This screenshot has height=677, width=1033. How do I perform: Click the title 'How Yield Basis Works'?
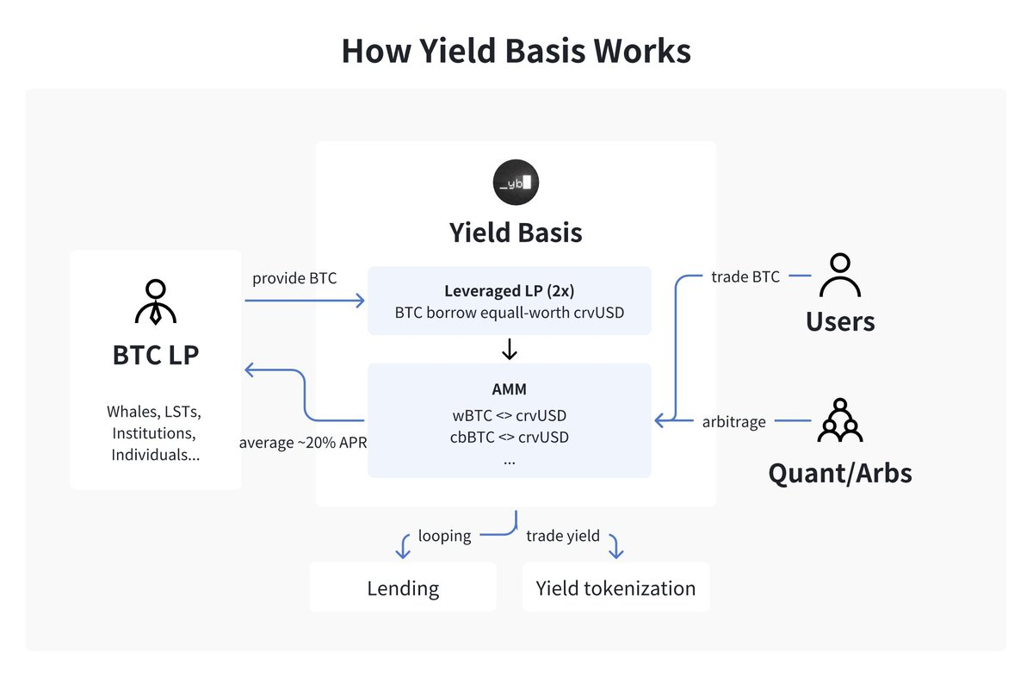click(516, 51)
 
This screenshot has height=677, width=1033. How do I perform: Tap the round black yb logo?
click(516, 182)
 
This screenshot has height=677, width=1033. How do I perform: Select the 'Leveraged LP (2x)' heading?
click(509, 290)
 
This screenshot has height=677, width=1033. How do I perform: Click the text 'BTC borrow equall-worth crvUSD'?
click(509, 313)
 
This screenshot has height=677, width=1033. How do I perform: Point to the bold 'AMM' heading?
click(509, 388)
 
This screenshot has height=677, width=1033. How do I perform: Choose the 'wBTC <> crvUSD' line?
click(509, 415)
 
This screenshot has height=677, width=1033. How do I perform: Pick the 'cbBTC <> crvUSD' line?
click(509, 437)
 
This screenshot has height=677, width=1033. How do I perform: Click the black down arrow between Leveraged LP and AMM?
click(509, 349)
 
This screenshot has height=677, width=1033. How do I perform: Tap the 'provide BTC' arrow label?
click(294, 278)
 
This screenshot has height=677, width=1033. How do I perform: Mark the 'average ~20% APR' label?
click(303, 443)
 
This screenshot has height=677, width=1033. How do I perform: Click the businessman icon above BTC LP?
click(156, 301)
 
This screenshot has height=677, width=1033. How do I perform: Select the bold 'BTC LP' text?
click(156, 354)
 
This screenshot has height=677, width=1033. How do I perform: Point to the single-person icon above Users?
click(839, 276)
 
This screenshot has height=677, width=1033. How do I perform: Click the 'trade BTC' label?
click(745, 276)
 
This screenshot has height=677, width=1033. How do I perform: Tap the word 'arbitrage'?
click(733, 421)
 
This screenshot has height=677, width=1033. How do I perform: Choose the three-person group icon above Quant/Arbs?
click(839, 420)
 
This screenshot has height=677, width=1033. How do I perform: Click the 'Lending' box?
click(403, 588)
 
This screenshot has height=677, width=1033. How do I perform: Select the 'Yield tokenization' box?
click(615, 588)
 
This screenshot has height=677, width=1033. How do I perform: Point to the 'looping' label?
click(444, 536)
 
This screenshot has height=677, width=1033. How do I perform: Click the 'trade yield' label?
click(563, 536)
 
